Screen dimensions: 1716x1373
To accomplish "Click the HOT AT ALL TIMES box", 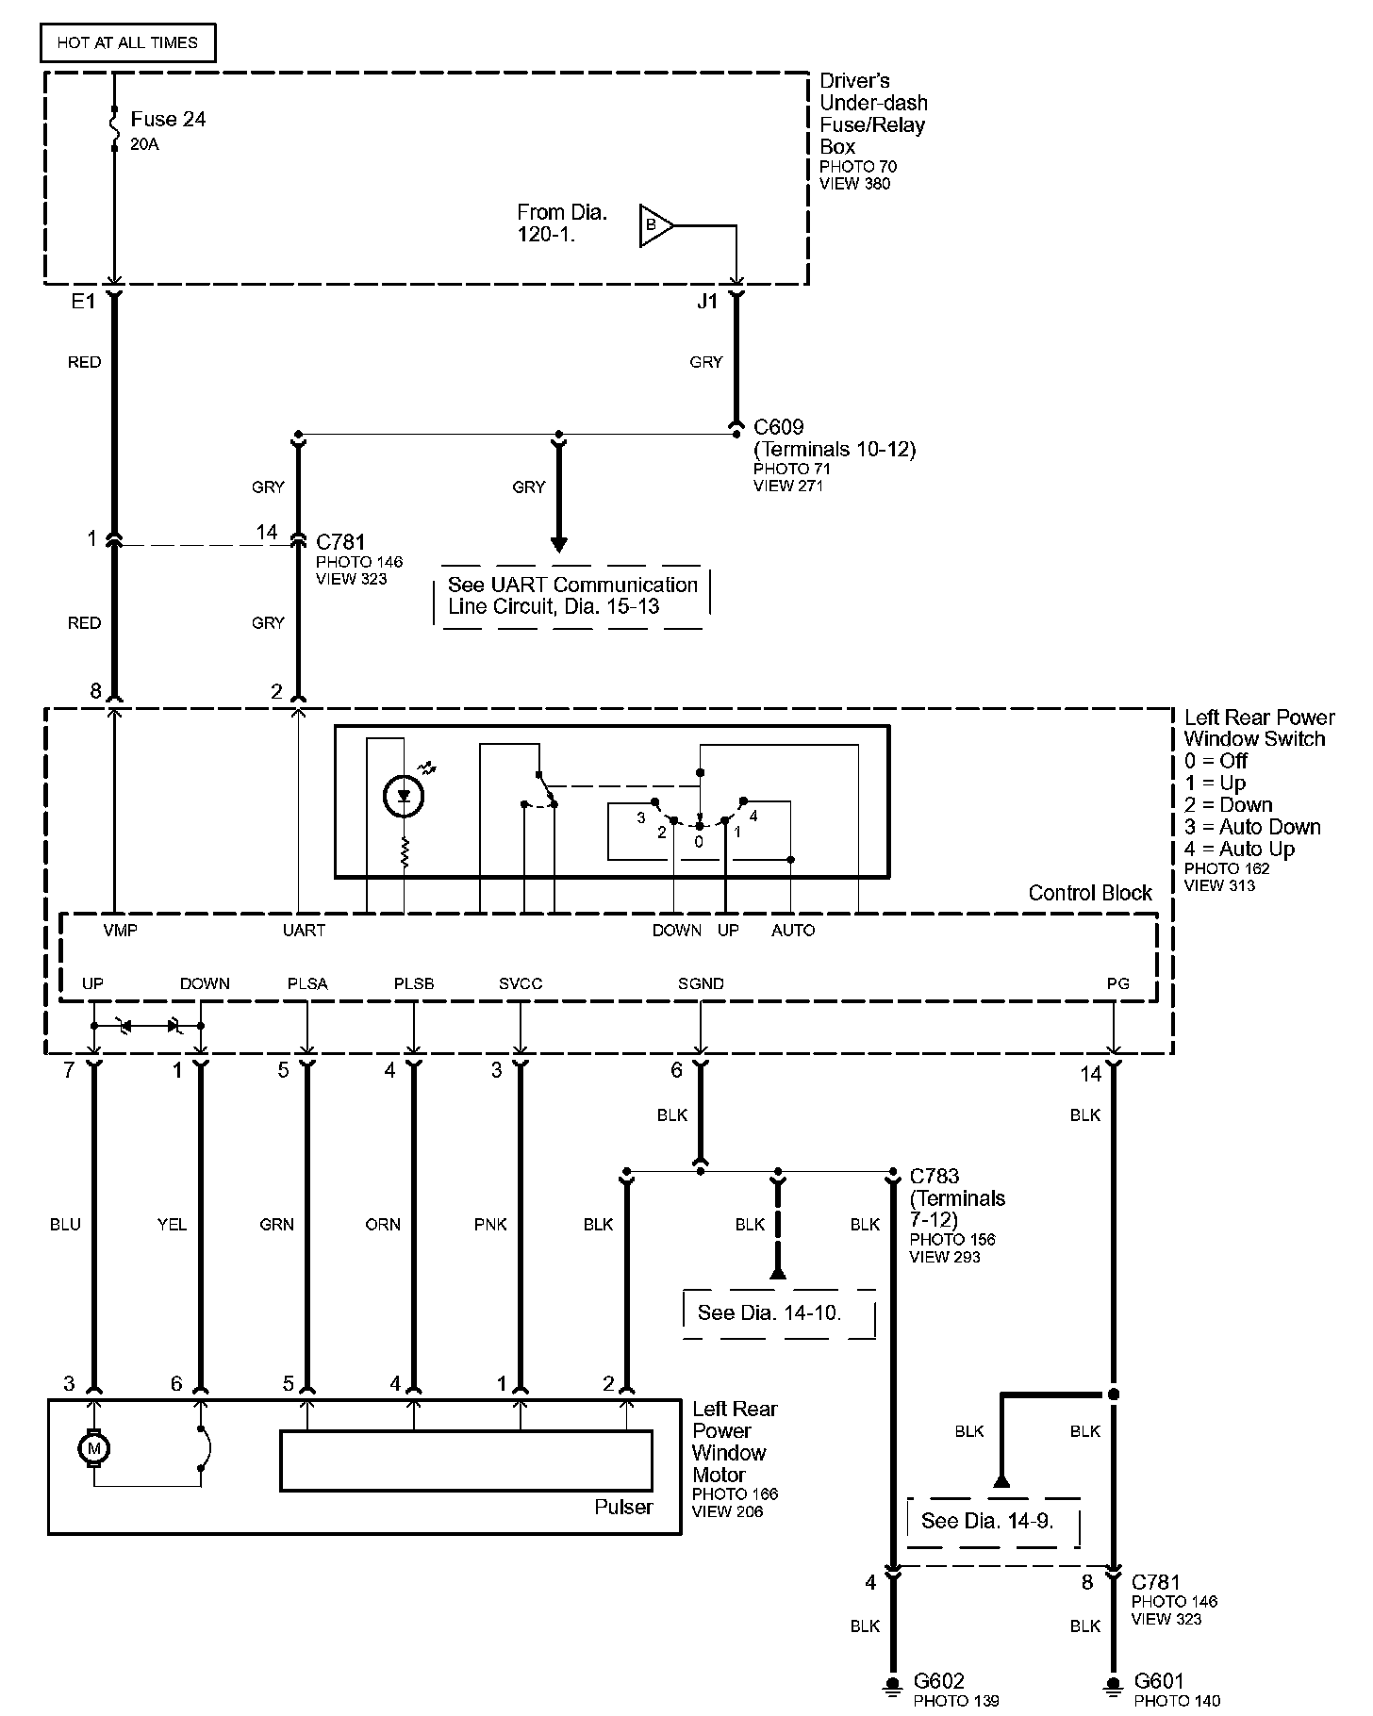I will [127, 43].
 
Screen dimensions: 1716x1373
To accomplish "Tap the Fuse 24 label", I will [168, 120].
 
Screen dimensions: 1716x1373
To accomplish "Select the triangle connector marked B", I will [654, 225].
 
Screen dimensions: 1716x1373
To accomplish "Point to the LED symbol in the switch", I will [404, 798].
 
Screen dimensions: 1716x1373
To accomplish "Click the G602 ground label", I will [940, 1681].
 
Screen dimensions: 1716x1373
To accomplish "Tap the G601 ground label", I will [1159, 1681].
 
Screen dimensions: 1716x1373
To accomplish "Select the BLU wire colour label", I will [65, 1225].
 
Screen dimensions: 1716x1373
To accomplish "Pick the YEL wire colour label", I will [172, 1225].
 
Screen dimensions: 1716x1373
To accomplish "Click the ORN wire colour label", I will [383, 1225].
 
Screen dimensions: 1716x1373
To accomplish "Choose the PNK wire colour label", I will [490, 1225].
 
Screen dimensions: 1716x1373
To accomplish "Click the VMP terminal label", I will [120, 931].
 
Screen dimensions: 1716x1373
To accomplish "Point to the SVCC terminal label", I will [521, 983].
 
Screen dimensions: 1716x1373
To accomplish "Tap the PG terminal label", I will [1117, 983].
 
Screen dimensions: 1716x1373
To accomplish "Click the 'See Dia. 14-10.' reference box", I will [769, 1312].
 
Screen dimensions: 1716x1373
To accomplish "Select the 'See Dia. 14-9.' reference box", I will [987, 1520].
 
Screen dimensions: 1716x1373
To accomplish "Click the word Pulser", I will [623, 1507].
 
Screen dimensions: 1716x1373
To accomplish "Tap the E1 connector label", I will [84, 302].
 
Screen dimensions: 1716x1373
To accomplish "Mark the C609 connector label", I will [779, 427].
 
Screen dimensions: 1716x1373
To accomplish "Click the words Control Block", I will [1090, 893].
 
